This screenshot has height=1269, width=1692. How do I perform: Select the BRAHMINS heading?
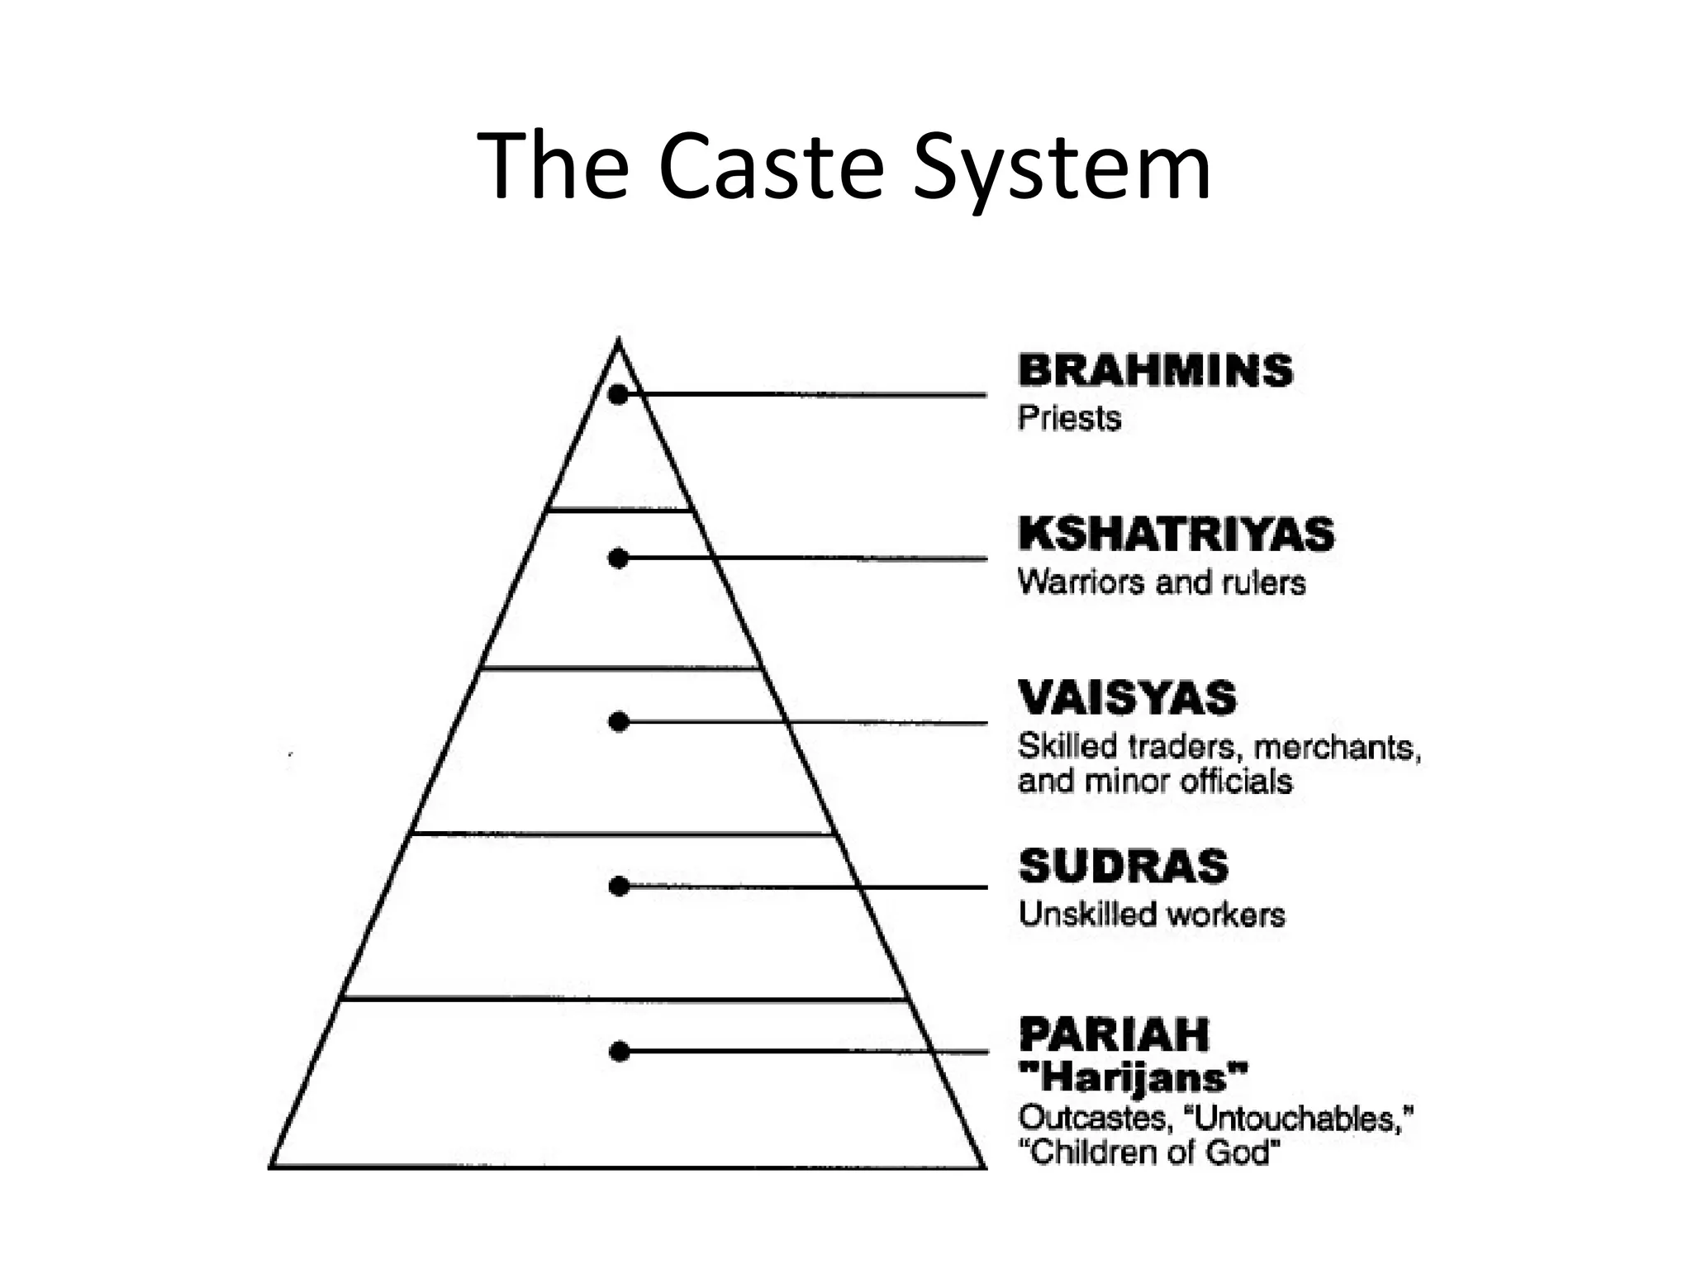point(1155,370)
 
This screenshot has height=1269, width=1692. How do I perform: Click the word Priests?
point(1069,418)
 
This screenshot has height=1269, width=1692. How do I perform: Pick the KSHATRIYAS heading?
point(1176,534)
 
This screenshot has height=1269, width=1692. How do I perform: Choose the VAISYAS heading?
point(1127,698)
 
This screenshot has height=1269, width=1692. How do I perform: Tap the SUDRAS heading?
point(1124,867)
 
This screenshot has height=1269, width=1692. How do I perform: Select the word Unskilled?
point(1086,915)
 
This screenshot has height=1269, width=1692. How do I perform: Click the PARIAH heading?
point(1114,1034)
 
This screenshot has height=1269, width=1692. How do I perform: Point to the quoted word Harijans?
point(1134,1077)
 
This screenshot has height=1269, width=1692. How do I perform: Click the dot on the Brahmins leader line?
point(618,395)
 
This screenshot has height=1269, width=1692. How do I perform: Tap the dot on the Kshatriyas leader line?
point(618,559)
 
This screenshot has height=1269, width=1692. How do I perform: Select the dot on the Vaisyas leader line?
point(619,722)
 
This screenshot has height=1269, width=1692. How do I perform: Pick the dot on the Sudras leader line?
point(619,886)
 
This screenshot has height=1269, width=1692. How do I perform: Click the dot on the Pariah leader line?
point(619,1052)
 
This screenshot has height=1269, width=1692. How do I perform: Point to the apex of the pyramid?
point(619,340)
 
